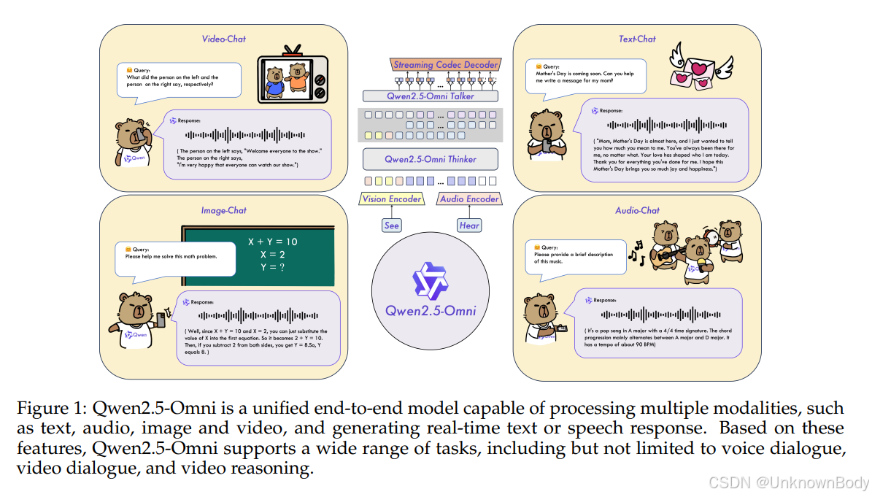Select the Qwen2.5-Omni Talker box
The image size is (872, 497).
click(430, 96)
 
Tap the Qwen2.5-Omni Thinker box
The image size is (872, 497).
click(430, 159)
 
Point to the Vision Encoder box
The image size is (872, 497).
click(391, 199)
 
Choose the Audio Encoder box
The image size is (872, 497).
click(469, 199)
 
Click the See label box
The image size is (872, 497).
click(392, 226)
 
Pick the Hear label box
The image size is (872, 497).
click(469, 226)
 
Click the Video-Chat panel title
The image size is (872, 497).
click(223, 39)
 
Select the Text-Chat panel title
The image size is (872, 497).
click(637, 39)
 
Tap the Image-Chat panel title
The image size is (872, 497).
click(223, 211)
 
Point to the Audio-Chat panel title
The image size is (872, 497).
click(637, 211)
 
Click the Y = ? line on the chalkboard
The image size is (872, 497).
click(272, 267)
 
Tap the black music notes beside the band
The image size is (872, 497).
click(636, 252)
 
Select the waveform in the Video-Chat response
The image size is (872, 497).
click(245, 135)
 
